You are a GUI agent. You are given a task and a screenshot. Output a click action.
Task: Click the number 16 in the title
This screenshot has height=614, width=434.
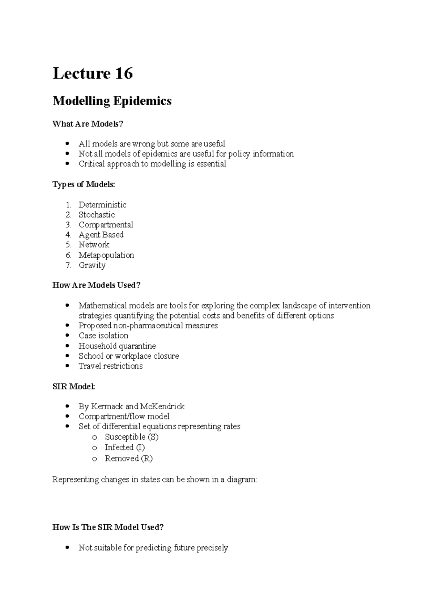(x=124, y=74)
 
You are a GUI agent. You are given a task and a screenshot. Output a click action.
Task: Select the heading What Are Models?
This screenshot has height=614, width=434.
(x=88, y=124)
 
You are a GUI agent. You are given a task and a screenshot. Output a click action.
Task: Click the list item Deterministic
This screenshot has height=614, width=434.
(x=102, y=205)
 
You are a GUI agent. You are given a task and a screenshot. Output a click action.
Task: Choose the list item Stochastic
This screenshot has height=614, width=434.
(x=97, y=215)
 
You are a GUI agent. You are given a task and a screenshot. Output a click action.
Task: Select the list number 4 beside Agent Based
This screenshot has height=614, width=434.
(x=68, y=235)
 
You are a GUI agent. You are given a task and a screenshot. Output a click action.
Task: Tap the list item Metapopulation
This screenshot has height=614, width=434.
(x=106, y=255)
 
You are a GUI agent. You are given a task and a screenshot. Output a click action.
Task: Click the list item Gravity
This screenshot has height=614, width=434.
(x=92, y=265)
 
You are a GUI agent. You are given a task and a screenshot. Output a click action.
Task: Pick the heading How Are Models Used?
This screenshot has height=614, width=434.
(x=96, y=285)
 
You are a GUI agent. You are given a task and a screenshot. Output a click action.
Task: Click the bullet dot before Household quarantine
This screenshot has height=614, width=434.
(x=67, y=346)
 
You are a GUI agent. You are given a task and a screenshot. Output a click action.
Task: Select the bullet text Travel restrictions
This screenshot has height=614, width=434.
(x=110, y=366)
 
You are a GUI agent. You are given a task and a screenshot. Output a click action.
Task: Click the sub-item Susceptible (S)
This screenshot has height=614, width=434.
(x=132, y=437)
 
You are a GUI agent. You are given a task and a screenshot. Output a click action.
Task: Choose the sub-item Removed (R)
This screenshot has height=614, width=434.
(x=128, y=459)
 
